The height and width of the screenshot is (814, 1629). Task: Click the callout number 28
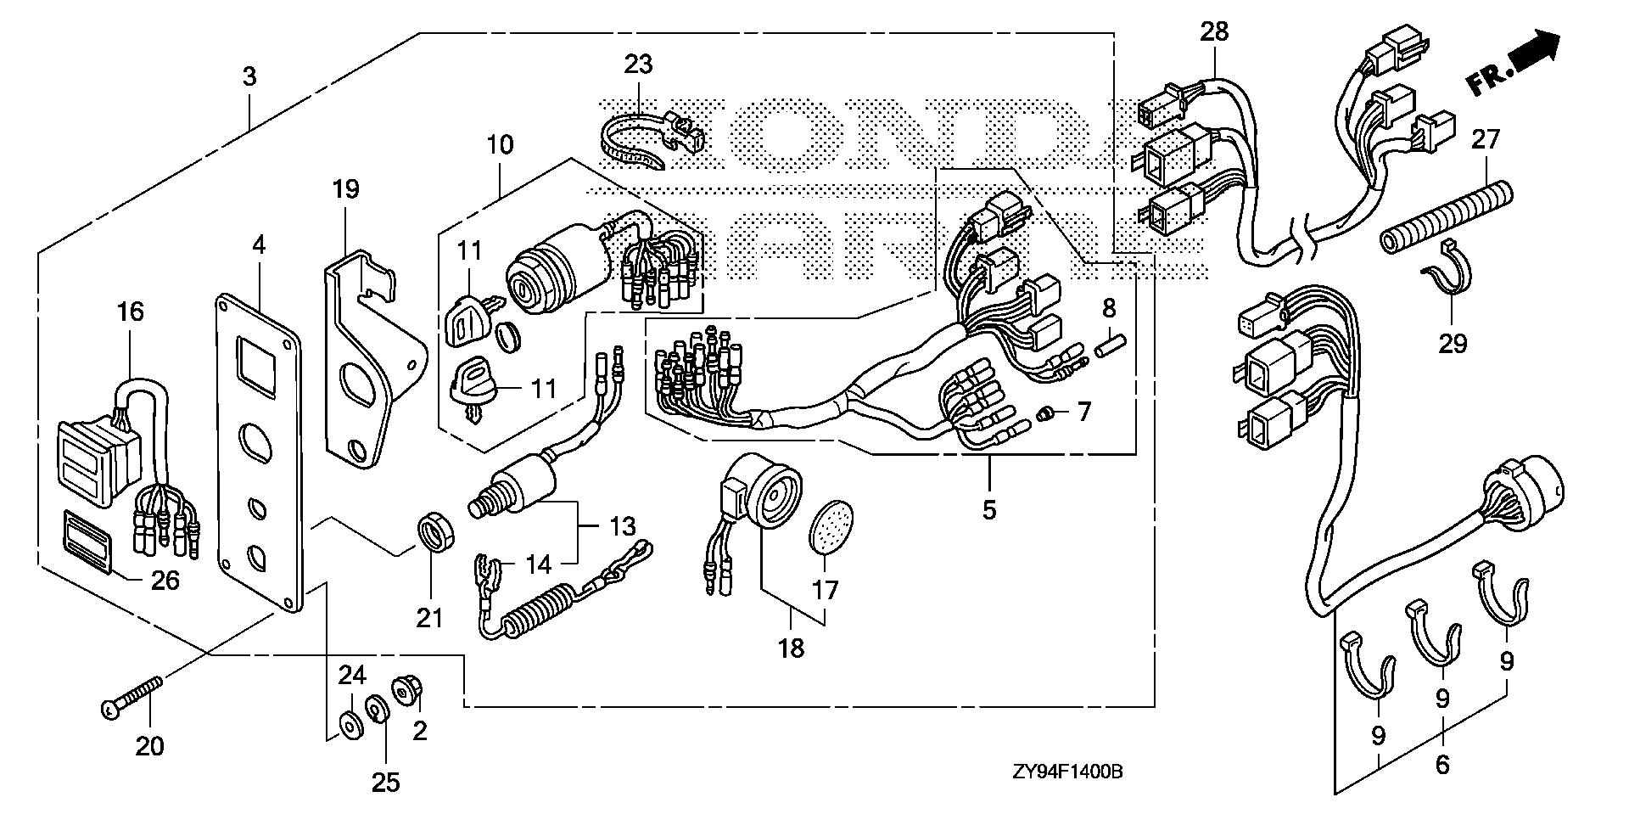click(1214, 32)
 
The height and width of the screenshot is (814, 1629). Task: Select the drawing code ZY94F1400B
click(1067, 772)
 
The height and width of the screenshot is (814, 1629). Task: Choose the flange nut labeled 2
click(403, 689)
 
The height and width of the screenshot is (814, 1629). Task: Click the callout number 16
click(131, 312)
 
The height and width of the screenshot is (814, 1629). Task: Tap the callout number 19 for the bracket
click(346, 188)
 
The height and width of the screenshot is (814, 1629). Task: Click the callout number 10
click(500, 144)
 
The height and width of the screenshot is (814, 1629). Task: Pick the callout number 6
click(1442, 765)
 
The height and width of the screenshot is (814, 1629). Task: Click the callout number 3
click(249, 77)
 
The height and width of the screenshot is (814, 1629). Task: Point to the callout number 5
click(988, 510)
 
